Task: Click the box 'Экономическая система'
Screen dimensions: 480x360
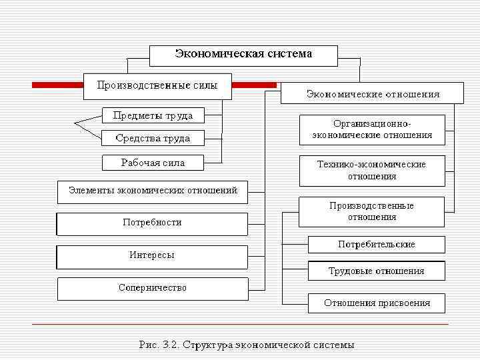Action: [x=243, y=55]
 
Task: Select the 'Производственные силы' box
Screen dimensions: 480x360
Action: [x=157, y=86]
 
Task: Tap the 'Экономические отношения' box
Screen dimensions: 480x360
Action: [x=372, y=93]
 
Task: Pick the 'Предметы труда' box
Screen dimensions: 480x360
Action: [x=153, y=115]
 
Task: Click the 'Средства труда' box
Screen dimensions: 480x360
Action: [x=153, y=138]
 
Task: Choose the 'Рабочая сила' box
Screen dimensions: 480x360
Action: [x=153, y=162]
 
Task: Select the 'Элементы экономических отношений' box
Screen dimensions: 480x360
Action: [x=153, y=191]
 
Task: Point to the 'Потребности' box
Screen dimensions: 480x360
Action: [x=152, y=223]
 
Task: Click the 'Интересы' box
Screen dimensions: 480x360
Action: [x=152, y=255]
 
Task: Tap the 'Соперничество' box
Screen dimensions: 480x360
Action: [x=153, y=288]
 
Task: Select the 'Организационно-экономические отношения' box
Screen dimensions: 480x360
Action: [x=372, y=129]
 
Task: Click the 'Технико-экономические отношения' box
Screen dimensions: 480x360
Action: [x=371, y=170]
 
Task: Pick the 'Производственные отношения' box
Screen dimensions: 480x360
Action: [x=371, y=211]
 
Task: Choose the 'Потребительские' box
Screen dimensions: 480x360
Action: [x=376, y=244]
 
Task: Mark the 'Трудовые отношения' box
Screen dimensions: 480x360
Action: [x=376, y=271]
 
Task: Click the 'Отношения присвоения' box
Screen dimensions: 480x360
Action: [x=376, y=303]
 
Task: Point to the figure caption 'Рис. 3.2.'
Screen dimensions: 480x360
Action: [x=159, y=345]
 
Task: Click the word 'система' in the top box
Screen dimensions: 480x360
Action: [x=288, y=54]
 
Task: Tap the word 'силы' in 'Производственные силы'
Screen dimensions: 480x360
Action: [x=205, y=85]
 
